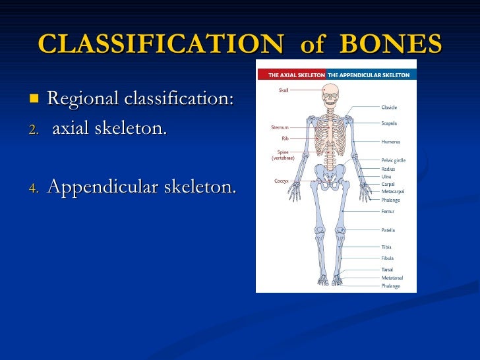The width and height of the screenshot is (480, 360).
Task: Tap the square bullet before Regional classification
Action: coord(34,100)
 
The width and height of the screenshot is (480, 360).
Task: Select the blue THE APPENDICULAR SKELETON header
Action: coord(369,75)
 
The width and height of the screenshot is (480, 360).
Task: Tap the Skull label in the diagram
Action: coord(283,90)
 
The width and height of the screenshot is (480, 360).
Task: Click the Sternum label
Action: coord(280,127)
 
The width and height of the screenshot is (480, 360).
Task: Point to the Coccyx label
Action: coord(282,181)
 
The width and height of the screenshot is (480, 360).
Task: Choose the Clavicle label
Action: coord(389,107)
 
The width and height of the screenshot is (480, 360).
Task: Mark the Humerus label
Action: coord(390,141)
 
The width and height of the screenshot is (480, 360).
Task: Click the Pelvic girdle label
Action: coord(394,160)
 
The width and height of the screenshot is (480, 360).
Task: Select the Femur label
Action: coord(388,212)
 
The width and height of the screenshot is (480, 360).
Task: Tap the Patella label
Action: coord(388,230)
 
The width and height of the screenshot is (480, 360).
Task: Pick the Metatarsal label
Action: coord(392,278)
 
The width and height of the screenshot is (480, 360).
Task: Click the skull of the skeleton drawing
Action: coord(330,92)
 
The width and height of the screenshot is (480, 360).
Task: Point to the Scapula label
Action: coord(389,123)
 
